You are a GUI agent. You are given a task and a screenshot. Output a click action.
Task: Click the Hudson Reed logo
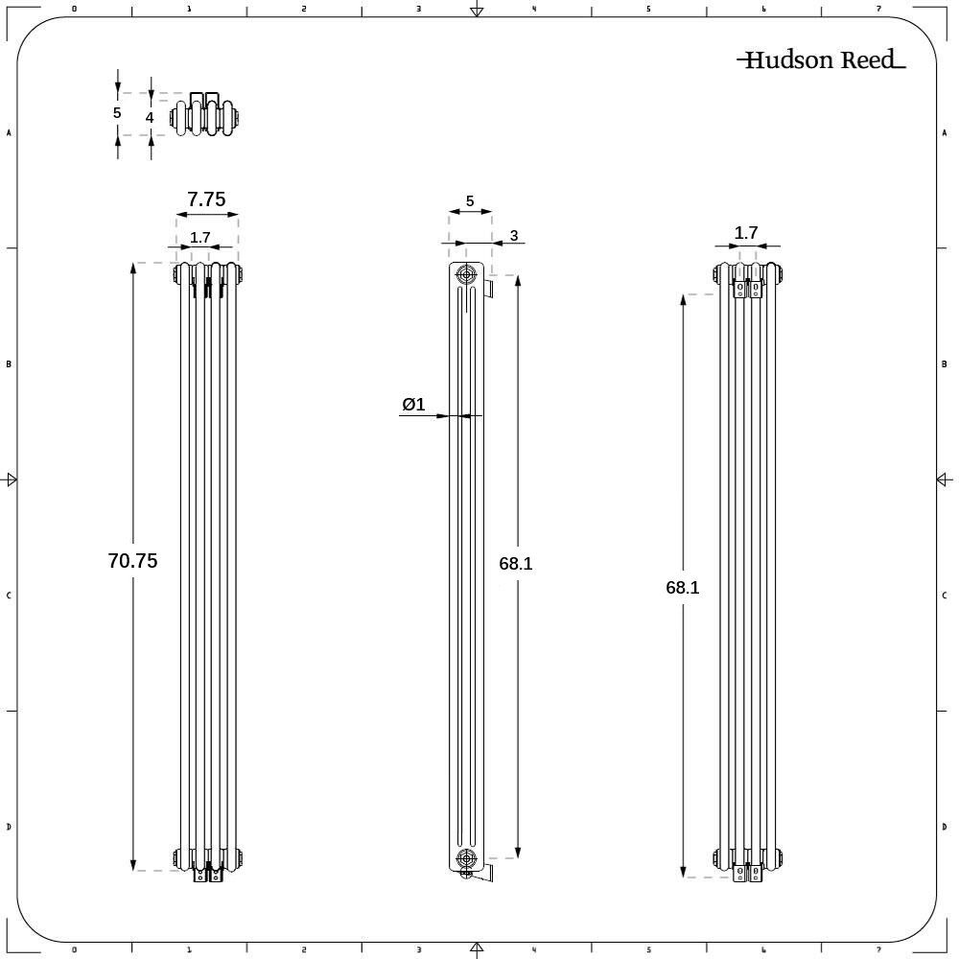tap(821, 60)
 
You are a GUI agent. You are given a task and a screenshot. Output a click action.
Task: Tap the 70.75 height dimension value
tap(132, 561)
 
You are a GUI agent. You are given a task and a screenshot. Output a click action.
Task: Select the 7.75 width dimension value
tap(206, 199)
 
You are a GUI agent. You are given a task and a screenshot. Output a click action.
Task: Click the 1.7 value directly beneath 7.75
tap(199, 238)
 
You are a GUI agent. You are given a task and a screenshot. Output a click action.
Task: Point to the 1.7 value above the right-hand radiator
tap(746, 232)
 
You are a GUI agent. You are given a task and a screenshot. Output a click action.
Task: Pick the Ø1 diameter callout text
tap(413, 405)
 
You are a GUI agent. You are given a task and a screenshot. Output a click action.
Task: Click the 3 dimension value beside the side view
tap(514, 236)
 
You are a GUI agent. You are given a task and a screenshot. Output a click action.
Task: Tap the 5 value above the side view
tap(470, 201)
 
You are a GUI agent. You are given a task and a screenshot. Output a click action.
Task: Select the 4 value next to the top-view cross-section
tap(150, 117)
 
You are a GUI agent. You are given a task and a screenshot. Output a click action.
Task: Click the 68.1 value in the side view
tap(516, 564)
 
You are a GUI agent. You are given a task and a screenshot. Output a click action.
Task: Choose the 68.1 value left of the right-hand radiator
tap(683, 588)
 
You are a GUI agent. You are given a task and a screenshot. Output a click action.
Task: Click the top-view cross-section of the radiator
tap(205, 116)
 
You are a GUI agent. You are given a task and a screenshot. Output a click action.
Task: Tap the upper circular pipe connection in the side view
tap(466, 274)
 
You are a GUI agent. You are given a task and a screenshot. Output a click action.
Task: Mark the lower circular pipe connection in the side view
tap(466, 857)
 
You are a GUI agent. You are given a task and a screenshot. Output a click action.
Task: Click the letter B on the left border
tap(9, 364)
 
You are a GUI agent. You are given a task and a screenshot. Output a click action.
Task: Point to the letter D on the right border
tap(945, 827)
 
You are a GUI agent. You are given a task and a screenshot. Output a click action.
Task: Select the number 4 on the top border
tap(533, 9)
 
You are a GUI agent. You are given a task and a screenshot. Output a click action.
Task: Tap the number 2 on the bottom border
tap(303, 950)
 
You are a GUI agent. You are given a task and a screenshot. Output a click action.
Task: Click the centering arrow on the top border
tap(477, 11)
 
